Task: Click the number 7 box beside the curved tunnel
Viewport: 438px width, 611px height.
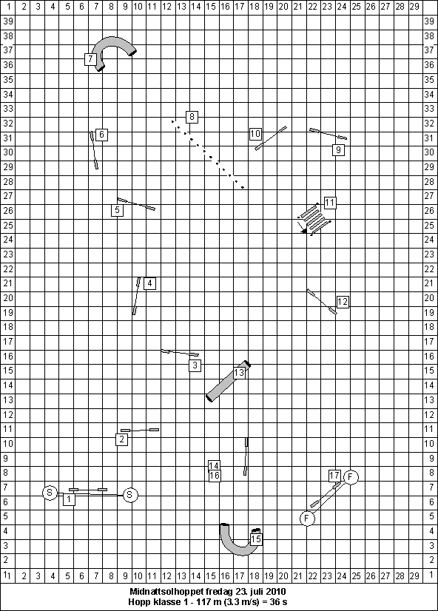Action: pyautogui.click(x=90, y=59)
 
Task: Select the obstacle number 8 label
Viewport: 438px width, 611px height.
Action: pyautogui.click(x=192, y=117)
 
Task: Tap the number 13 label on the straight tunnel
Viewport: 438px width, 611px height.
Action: pyautogui.click(x=239, y=373)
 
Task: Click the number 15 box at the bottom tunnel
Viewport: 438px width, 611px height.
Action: pyautogui.click(x=256, y=539)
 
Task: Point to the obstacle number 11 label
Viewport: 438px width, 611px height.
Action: pyautogui.click(x=330, y=203)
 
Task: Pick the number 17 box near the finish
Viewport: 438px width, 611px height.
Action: pyautogui.click(x=334, y=476)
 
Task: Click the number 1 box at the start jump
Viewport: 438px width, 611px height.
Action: pyautogui.click(x=69, y=499)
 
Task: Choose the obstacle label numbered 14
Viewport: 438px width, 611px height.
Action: pyautogui.click(x=214, y=465)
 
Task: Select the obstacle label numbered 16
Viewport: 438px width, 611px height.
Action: pyautogui.click(x=215, y=476)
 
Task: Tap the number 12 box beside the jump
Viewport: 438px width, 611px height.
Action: pyautogui.click(x=342, y=302)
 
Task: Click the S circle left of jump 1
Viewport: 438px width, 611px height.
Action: pyautogui.click(x=50, y=493)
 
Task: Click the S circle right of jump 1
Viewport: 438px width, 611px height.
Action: pyautogui.click(x=130, y=495)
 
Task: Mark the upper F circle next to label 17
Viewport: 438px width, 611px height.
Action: pyautogui.click(x=351, y=476)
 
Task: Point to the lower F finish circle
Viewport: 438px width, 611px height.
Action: pyautogui.click(x=307, y=519)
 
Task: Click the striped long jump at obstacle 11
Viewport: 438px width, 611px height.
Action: pyautogui.click(x=314, y=219)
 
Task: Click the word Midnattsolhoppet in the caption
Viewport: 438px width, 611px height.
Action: pyautogui.click(x=163, y=591)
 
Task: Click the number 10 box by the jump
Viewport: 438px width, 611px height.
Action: pyautogui.click(x=255, y=134)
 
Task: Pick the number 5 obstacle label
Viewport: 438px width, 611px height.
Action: pyautogui.click(x=118, y=210)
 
